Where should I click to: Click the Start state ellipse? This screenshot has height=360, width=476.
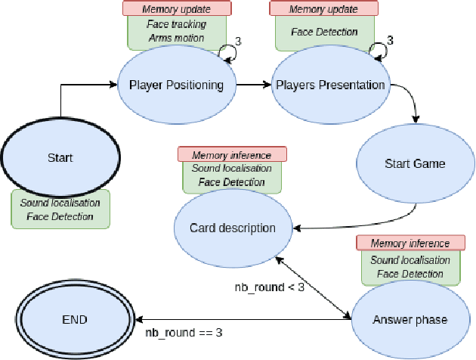[60, 158]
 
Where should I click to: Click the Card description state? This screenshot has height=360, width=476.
[232, 228]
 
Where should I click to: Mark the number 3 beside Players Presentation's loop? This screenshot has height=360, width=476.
[390, 39]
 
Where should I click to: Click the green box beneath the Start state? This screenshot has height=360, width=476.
[60, 209]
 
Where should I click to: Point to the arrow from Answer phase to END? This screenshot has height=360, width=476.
[242, 319]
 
